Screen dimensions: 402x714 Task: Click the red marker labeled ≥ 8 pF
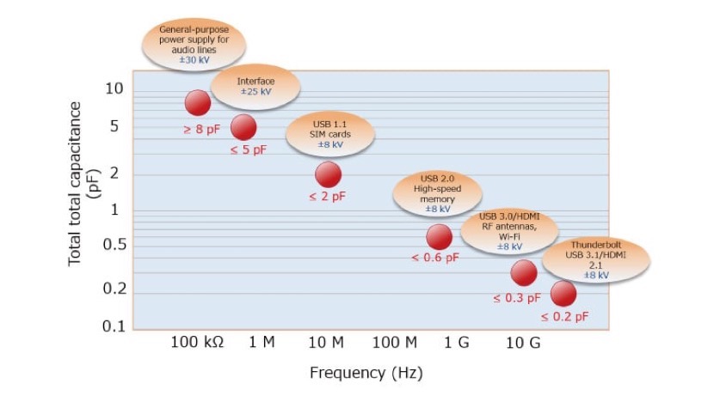198,103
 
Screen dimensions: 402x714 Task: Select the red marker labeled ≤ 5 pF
243,128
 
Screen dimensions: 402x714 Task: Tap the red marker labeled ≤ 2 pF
328,175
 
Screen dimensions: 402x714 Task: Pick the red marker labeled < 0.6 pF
439,237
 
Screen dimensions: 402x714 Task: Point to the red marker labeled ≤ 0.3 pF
523,273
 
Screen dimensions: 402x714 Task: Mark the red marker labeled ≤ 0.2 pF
563,294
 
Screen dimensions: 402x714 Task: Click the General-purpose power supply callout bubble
194,45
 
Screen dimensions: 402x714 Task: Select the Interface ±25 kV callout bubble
255,86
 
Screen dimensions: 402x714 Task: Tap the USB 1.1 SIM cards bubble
330,134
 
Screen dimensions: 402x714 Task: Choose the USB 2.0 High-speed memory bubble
437,194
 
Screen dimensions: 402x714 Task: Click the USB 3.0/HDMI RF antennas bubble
509,231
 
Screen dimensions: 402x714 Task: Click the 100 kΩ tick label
196,343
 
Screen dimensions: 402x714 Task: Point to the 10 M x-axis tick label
325,343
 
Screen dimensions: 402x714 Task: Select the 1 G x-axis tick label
456,343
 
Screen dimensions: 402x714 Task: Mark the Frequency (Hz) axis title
366,374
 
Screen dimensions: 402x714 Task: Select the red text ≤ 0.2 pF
564,317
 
